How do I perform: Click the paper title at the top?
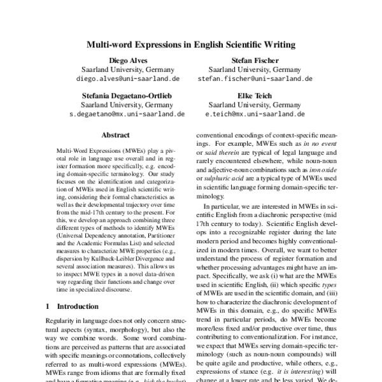coord(190,45)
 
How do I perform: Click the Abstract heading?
coord(115,136)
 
